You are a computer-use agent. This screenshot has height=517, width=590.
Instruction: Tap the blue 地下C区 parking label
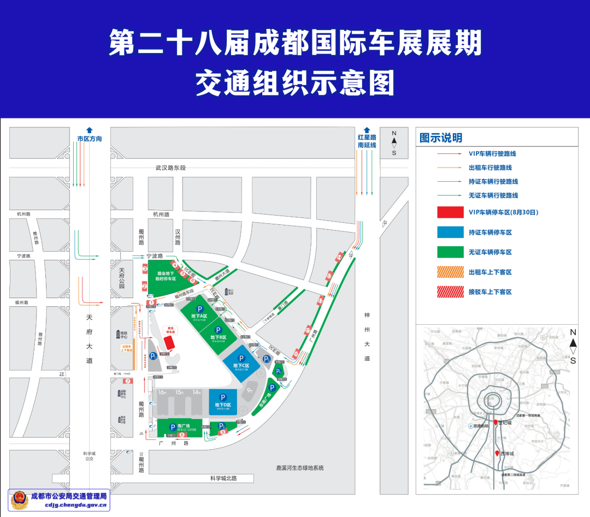[x=241, y=365]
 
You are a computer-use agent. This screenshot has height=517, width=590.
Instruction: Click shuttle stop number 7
[x=128, y=381]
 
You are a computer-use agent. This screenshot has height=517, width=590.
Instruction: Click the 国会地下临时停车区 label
[x=166, y=276]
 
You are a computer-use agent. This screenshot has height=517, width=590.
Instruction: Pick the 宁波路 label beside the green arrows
[x=154, y=255]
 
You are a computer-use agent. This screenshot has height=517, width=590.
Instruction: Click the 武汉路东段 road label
[x=170, y=168]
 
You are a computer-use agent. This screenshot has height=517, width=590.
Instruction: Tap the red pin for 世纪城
[x=495, y=422]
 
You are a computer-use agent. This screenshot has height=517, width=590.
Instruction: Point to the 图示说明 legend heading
[x=441, y=138]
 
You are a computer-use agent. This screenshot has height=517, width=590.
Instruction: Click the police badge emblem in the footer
[x=19, y=500]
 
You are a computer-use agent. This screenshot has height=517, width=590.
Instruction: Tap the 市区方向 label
[x=90, y=139]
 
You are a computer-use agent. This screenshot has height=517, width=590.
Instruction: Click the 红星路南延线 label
[x=367, y=141]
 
